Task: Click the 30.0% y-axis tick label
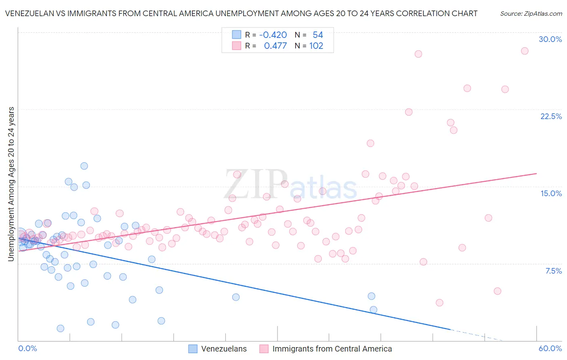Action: pos(550,39)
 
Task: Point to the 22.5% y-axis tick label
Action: pos(551,116)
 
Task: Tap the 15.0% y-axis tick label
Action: pos(551,193)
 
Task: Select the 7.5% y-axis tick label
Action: pos(553,271)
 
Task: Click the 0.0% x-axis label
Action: pos(27,348)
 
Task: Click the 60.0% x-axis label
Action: pos(550,348)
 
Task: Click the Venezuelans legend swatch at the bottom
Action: pos(193,349)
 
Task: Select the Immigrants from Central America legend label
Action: pos(332,349)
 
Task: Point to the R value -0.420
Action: pos(273,35)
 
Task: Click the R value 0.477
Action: pos(275,46)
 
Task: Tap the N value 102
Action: pos(316,46)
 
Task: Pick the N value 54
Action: pos(318,35)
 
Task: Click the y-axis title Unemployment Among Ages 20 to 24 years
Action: pos(11,184)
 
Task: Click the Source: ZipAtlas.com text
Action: pos(531,13)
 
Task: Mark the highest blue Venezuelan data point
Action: pos(84,166)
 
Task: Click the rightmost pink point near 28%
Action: pos(524,51)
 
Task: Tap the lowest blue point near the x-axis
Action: pos(60,328)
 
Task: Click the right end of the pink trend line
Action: pos(536,174)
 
